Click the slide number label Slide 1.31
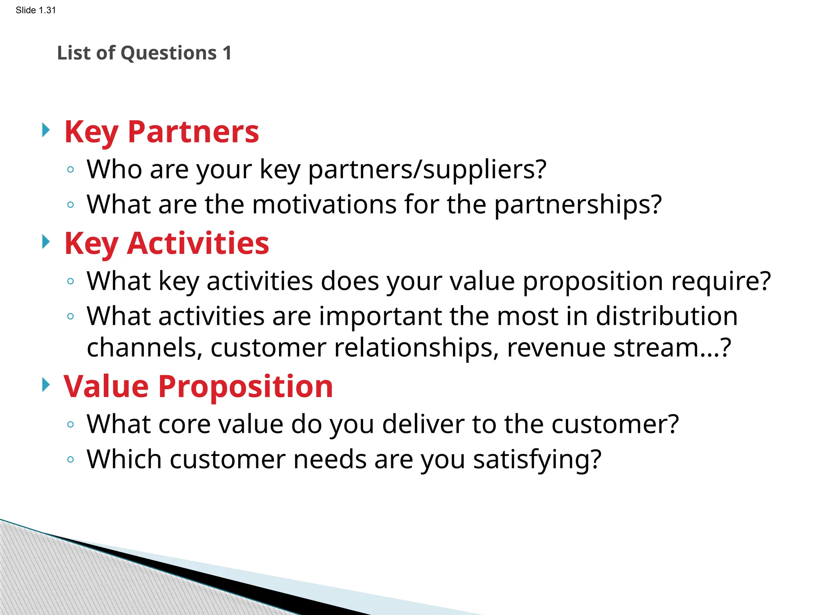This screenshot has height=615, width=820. [x=36, y=10]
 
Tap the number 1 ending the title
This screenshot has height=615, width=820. [x=227, y=53]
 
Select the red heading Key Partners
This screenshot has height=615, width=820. [x=162, y=132]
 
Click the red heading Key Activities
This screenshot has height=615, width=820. [x=167, y=243]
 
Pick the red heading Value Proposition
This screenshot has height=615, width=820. [x=198, y=387]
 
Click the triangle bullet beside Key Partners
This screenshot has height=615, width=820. [x=46, y=130]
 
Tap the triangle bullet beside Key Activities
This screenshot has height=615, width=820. [x=46, y=242]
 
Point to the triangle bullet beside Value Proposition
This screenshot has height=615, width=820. [x=46, y=385]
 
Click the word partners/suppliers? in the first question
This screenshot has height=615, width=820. [x=427, y=170]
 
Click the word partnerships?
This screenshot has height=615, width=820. [x=578, y=205]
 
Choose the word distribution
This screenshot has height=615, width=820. [x=667, y=316]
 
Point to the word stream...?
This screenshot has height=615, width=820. [x=672, y=348]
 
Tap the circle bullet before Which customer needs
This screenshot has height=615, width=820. [x=70, y=460]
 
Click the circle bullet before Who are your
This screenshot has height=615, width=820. [x=70, y=170]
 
